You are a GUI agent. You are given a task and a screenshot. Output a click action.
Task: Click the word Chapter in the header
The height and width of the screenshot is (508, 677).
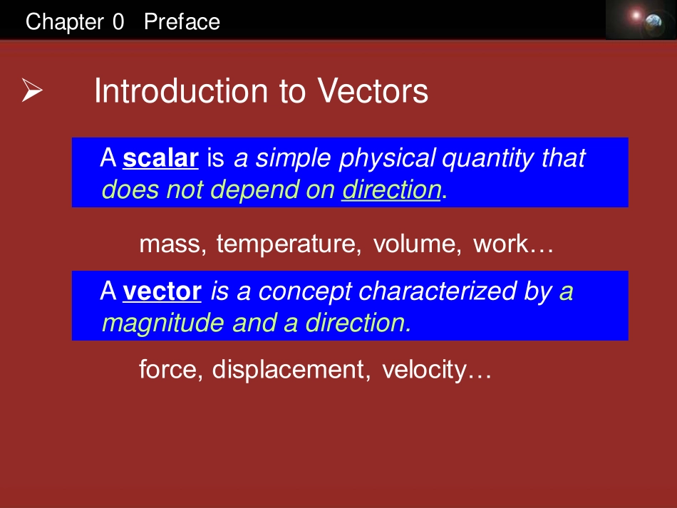(x=65, y=22)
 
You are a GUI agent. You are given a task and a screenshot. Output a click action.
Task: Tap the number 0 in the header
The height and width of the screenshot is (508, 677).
(x=118, y=21)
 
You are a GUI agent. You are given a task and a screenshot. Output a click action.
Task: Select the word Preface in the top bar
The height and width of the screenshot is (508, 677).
(x=182, y=21)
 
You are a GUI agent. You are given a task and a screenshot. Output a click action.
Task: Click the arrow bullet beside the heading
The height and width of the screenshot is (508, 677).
(x=32, y=90)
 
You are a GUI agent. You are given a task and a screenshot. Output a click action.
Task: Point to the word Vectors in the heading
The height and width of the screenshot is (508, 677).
(x=373, y=91)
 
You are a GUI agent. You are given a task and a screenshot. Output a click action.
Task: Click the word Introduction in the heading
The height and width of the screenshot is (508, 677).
(x=181, y=91)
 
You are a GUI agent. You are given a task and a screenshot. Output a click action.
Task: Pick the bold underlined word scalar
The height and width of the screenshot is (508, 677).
(x=160, y=158)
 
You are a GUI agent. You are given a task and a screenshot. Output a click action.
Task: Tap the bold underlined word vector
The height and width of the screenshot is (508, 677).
(x=162, y=291)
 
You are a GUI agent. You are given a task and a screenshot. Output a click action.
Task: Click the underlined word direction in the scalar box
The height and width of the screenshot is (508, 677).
(x=392, y=190)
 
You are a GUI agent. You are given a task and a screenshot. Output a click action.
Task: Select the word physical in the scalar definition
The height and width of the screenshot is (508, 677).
(x=387, y=159)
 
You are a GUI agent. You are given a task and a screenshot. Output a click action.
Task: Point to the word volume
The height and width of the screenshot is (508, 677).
(x=415, y=244)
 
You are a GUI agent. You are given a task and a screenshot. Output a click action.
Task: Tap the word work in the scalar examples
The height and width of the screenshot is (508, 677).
(x=501, y=244)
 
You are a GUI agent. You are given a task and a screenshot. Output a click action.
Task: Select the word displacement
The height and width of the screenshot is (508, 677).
(x=289, y=370)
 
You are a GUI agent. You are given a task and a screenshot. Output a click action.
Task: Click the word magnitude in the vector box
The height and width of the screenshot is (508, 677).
(x=162, y=323)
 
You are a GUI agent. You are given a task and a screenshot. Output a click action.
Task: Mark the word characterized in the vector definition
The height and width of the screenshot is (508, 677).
(x=438, y=291)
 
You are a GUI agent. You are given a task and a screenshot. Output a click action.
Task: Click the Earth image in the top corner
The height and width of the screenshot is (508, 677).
(x=653, y=21)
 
